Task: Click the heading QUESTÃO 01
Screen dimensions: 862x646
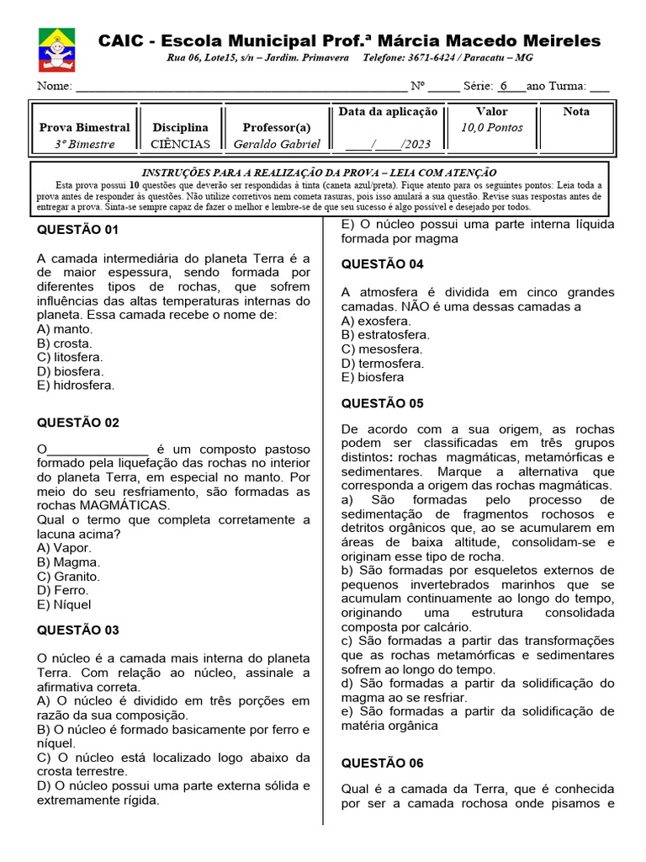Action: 78,231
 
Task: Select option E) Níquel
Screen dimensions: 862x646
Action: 64,604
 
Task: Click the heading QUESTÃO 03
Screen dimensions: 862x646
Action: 78,631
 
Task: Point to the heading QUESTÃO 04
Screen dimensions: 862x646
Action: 382,264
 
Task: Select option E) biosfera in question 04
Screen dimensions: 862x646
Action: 373,377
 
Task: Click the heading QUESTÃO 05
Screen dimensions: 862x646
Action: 382,403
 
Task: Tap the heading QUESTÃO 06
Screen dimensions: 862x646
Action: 382,764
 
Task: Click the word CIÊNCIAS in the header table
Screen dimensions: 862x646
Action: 180,144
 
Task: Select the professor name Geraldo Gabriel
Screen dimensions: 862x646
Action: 277,144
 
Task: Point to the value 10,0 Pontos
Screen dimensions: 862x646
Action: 491,128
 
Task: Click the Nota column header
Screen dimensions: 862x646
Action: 576,112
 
